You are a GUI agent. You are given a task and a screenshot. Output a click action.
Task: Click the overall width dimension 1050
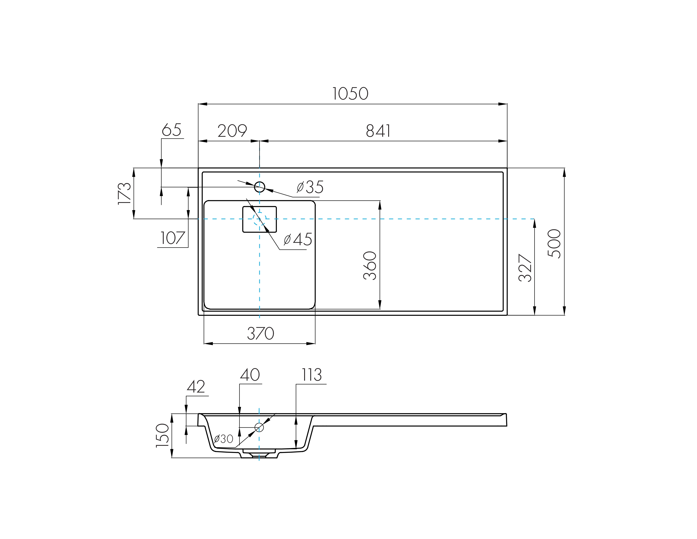pyautogui.click(x=350, y=94)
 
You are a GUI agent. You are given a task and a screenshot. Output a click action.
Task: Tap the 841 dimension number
pyautogui.click(x=378, y=131)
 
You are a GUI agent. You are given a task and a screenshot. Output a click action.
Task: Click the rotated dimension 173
pyautogui.click(x=124, y=193)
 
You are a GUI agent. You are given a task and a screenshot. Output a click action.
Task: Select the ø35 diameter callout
pyautogui.click(x=310, y=187)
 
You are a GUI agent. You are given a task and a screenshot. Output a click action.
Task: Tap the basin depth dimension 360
pyautogui.click(x=370, y=266)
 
